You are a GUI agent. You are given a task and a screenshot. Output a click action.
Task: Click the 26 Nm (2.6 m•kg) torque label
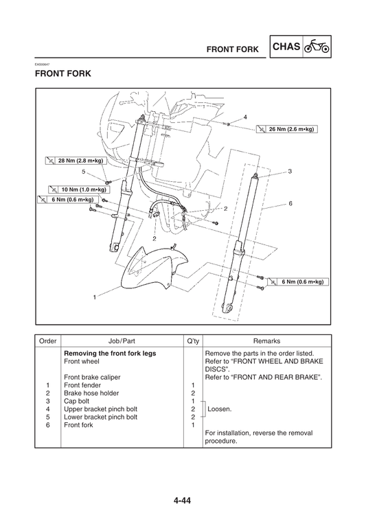[x=289, y=128]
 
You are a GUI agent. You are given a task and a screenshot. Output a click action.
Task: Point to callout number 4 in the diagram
[x=245, y=117]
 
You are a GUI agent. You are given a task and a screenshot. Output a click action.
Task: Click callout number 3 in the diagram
[x=290, y=171]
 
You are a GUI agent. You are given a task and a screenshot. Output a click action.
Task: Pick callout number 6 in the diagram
[x=290, y=204]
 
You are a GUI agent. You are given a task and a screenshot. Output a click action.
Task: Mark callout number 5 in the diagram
[x=84, y=172]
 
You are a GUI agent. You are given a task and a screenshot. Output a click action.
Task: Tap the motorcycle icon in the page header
[x=316, y=49]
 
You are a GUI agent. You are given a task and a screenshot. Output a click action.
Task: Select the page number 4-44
[x=183, y=500]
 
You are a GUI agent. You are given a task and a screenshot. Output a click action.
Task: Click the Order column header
[x=47, y=341]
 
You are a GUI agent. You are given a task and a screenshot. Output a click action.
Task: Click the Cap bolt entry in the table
[x=78, y=400]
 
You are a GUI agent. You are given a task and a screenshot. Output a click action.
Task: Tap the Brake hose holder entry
[x=90, y=393]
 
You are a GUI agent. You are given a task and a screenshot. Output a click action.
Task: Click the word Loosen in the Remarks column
[x=220, y=409]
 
